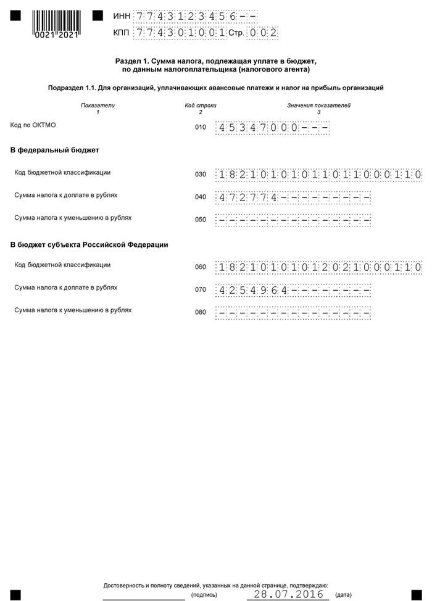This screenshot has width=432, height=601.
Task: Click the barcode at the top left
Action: [x=56, y=23]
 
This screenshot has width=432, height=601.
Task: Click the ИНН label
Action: [x=122, y=16]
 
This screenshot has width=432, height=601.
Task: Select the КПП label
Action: [x=122, y=33]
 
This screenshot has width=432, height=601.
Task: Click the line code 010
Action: [x=200, y=128]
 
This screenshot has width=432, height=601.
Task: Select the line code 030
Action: [x=200, y=175]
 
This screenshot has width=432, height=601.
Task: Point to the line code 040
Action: [x=200, y=197]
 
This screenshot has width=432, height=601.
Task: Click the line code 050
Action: [x=200, y=220]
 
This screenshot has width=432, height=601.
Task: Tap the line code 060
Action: [x=200, y=267]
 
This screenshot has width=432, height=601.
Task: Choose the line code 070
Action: [x=200, y=289]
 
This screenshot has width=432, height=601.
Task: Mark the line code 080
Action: [x=200, y=312]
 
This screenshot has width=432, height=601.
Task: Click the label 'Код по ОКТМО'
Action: [x=33, y=125]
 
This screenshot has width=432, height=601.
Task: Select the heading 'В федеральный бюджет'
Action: [x=55, y=150]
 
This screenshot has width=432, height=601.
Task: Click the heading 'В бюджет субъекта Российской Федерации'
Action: [x=89, y=245]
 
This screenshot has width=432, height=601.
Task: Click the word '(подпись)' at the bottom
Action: [x=204, y=595]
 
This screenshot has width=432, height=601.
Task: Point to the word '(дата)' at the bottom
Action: [x=343, y=595]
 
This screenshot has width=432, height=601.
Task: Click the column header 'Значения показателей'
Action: [x=318, y=106]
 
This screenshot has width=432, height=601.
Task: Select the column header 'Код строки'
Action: [x=201, y=106]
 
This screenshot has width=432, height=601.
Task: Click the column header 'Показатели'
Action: [x=98, y=106]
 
